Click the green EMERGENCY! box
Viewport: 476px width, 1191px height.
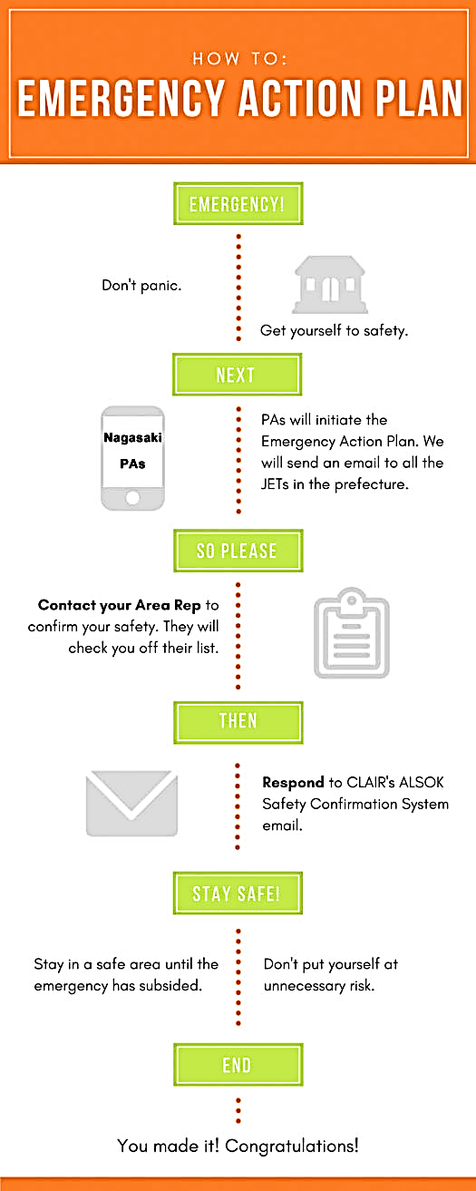point(238,203)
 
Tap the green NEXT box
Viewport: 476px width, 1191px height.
point(237,375)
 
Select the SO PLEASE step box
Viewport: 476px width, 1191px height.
point(238,551)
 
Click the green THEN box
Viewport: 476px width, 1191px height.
point(238,722)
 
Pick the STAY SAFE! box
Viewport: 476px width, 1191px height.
point(238,893)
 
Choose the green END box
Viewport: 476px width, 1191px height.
point(238,1064)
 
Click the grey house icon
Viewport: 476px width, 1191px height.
point(330,285)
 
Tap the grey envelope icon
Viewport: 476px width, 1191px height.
point(131,803)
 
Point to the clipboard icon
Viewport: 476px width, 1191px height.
point(352,633)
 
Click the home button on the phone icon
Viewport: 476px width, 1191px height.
point(132,498)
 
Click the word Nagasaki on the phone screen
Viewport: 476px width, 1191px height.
point(132,437)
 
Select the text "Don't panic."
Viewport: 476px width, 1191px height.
point(141,286)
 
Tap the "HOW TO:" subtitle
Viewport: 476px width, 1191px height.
point(239,58)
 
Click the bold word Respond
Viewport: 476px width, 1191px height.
point(293,783)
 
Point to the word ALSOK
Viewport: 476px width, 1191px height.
point(422,782)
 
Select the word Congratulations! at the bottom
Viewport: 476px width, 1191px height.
point(292,1146)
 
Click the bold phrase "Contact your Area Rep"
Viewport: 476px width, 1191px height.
point(119,605)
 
